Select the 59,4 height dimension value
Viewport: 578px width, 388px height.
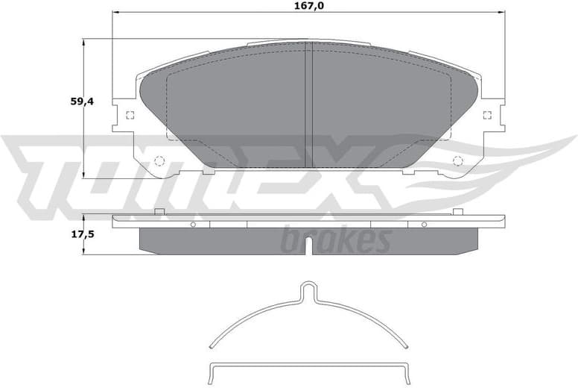[x=82, y=101]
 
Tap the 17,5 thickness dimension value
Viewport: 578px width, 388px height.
[x=82, y=234]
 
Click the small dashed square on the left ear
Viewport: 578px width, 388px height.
[x=130, y=115]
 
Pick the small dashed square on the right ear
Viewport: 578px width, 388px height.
[x=487, y=115]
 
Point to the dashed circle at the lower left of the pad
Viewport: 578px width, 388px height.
[x=159, y=160]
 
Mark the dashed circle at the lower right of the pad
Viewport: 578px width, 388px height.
[x=458, y=160]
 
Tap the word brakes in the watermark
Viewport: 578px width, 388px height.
[x=336, y=241]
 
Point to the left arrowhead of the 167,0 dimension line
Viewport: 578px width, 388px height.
[x=115, y=13]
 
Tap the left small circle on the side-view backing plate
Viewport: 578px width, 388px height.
[x=192, y=225]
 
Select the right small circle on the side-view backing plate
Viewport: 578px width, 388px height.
[x=425, y=225]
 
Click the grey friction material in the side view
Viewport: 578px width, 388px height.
[x=308, y=240]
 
